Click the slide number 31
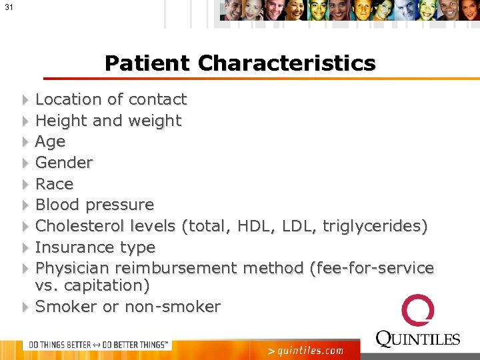point(8,7)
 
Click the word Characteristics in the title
point(287,63)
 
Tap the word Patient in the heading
point(147,63)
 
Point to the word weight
point(155,121)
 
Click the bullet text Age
point(50,141)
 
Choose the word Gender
point(64,163)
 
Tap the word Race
point(54,184)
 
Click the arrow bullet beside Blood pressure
point(25,205)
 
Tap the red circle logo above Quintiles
point(417,311)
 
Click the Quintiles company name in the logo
point(418,339)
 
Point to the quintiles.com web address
point(305,350)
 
